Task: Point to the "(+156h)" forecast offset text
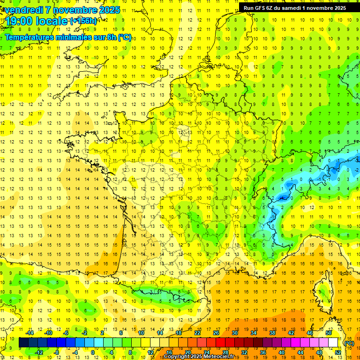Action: click(83, 21)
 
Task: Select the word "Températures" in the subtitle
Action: click(31, 37)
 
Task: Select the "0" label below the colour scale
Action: click(92, 352)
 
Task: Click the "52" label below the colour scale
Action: click(338, 352)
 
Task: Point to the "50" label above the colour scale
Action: click(329, 333)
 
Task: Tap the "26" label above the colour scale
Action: click(216, 333)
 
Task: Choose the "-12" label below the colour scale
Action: click(39, 352)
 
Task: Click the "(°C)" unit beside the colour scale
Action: click(349, 343)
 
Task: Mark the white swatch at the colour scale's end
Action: click(333, 343)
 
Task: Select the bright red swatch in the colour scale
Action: click(220, 343)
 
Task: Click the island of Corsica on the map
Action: click(322, 291)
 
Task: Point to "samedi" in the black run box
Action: click(294, 7)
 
